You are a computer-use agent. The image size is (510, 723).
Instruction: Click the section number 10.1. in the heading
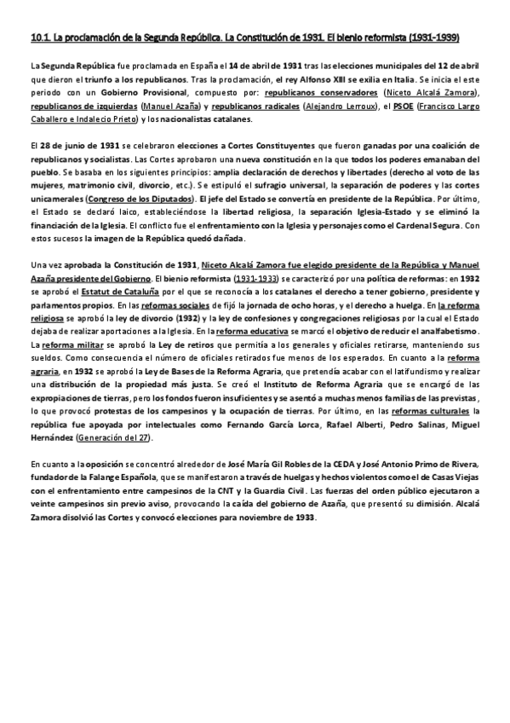tap(40, 38)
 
